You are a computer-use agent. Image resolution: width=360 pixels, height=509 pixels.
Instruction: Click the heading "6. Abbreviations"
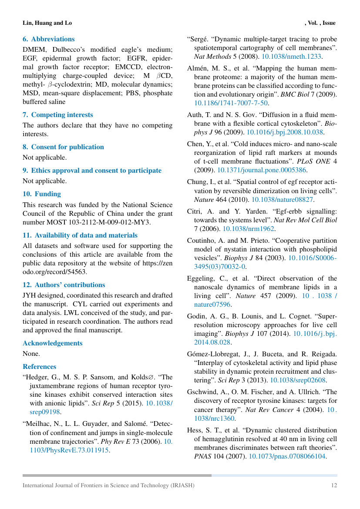click(x=48, y=39)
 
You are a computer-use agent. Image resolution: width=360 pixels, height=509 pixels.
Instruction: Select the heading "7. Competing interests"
click(x=57, y=115)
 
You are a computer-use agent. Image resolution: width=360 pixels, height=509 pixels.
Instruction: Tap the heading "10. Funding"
click(x=42, y=194)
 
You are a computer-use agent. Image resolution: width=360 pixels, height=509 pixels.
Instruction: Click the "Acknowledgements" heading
click(x=52, y=343)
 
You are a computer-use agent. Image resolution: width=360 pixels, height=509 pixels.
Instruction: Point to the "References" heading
click(x=39, y=367)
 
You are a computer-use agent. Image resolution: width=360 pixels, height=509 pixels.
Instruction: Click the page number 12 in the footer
click(x=333, y=485)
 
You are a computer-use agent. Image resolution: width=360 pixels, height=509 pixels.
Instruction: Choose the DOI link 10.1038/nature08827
click(x=283, y=200)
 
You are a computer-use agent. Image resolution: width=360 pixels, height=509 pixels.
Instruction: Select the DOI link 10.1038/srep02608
click(x=298, y=380)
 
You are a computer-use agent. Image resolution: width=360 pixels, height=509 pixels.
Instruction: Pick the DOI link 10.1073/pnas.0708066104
click(x=287, y=456)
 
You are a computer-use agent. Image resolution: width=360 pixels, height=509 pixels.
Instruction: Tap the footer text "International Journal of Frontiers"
click(x=65, y=485)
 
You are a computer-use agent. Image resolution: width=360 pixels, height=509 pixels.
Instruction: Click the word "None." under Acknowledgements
click(x=31, y=354)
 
